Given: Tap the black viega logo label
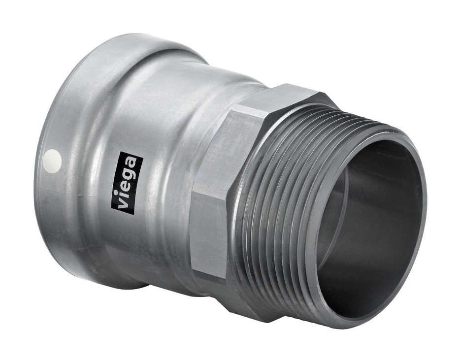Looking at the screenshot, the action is pos(129,184).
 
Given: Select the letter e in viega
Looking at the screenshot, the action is pos(129,188).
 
